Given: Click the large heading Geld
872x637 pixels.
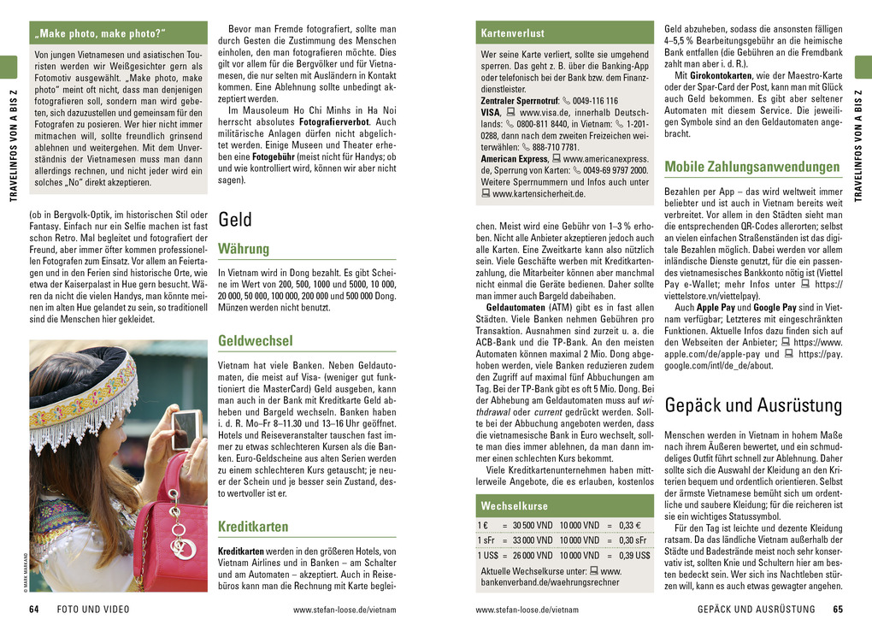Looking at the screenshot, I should pyautogui.click(x=235, y=220).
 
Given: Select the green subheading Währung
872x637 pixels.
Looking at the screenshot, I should pyautogui.click(x=244, y=249).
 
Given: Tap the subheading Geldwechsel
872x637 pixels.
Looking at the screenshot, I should pyautogui.click(x=255, y=340).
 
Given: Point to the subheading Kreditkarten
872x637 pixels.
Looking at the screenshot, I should pyautogui.click(x=253, y=526).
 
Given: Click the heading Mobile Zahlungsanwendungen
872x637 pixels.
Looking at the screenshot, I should pyautogui.click(x=751, y=167).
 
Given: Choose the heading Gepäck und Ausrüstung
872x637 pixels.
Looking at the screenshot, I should pyautogui.click(x=752, y=404).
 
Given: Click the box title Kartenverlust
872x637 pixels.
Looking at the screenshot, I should pyautogui.click(x=512, y=33).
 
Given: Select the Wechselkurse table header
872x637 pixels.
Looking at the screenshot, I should pyautogui.click(x=514, y=505).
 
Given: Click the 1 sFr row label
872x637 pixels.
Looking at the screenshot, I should pyautogui.click(x=488, y=540).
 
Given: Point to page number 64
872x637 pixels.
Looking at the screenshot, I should pyautogui.click(x=34, y=610).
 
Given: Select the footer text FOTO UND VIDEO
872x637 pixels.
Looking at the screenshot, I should pyautogui.click(x=93, y=610).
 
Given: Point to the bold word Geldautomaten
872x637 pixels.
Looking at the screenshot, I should pyautogui.click(x=516, y=307).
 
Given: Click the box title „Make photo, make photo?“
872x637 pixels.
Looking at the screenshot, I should pyautogui.click(x=100, y=33).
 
